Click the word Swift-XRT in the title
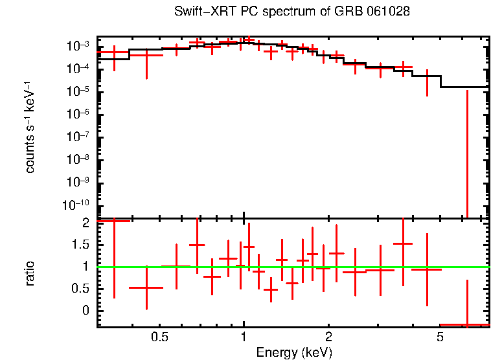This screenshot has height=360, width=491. point(201,12)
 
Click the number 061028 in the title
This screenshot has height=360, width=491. point(387,12)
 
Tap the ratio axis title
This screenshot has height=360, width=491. point(30,273)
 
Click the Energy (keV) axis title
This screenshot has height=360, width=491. point(294,352)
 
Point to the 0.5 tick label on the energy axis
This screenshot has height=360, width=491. point(159,338)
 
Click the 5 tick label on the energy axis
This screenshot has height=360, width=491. point(440,338)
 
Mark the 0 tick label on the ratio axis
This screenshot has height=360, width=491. point(85,311)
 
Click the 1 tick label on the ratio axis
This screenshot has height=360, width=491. point(85,267)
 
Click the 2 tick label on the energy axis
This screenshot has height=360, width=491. point(328,338)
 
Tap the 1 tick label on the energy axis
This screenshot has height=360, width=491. point(244,338)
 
